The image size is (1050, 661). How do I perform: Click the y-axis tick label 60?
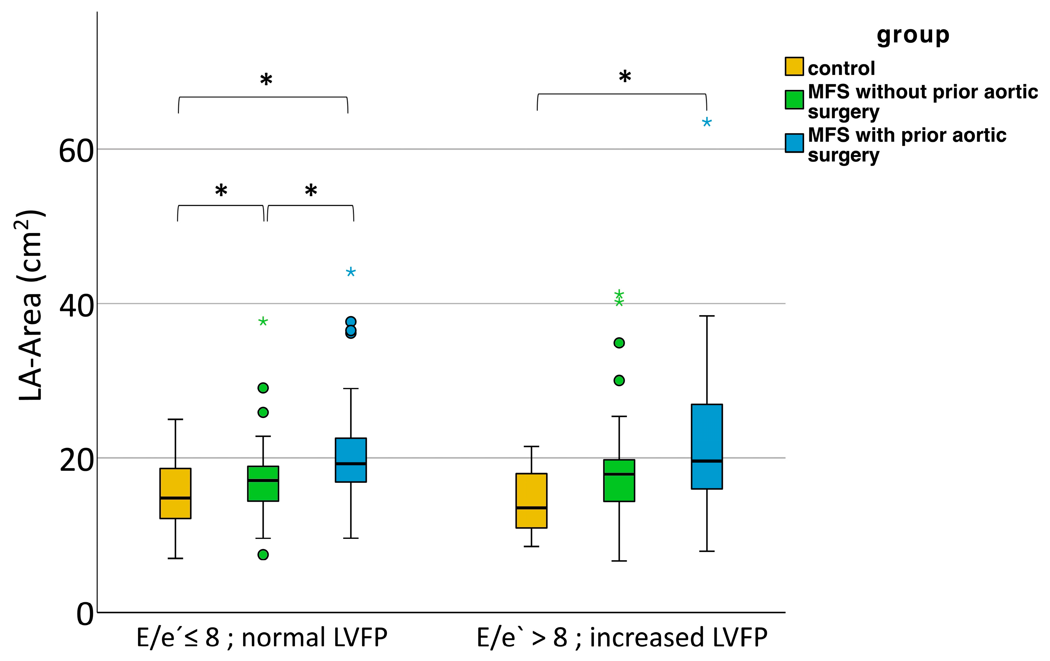pos(76,152)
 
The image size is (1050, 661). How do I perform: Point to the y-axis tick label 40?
pos(76,306)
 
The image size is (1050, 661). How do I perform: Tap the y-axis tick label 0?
pos(85,615)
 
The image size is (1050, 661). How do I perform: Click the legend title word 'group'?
pos(913,35)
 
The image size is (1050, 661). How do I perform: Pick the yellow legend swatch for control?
pos(794,66)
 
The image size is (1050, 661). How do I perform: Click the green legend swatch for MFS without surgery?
pos(794,99)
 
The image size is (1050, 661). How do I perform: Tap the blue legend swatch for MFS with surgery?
pos(794,143)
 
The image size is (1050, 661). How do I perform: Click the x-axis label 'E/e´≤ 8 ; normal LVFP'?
pos(262,637)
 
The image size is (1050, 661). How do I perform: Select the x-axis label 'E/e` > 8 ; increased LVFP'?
pos(622,637)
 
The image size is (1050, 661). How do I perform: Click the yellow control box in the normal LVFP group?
pos(175,493)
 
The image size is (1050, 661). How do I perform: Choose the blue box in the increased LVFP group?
pos(706,447)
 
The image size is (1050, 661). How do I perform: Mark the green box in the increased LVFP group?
pos(619,480)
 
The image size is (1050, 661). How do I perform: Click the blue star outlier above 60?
pos(706,122)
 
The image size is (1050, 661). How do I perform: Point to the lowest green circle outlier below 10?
pos(263,555)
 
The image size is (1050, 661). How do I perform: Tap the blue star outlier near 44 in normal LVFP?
pos(350,273)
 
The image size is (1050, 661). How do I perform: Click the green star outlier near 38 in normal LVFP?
pos(263,322)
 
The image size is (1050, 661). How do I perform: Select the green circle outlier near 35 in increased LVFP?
pos(619,343)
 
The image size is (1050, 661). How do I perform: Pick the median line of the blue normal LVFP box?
pos(350,463)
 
